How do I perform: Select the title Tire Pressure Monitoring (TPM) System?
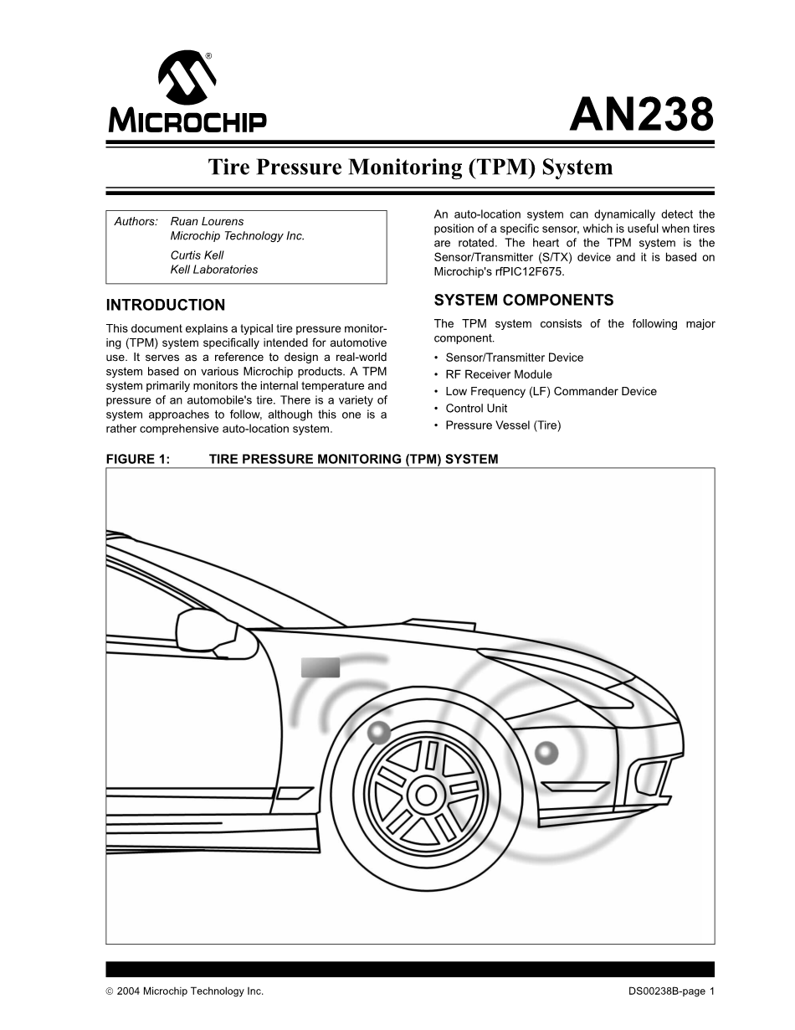[410, 167]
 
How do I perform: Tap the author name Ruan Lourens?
[207, 221]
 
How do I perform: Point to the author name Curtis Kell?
[197, 255]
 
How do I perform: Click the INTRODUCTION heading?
[166, 305]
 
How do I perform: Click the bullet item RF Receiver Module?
[498, 374]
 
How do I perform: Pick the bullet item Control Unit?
[476, 408]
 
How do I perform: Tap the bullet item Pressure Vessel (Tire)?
[503, 425]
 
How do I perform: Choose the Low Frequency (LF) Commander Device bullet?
[551, 391]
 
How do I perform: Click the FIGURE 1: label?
[138, 459]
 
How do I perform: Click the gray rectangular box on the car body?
[321, 667]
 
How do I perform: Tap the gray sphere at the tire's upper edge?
[379, 733]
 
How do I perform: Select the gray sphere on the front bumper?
[546, 753]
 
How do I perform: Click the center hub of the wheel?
[426, 794]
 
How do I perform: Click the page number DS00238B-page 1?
[671, 991]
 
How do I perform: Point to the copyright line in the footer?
[185, 991]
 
